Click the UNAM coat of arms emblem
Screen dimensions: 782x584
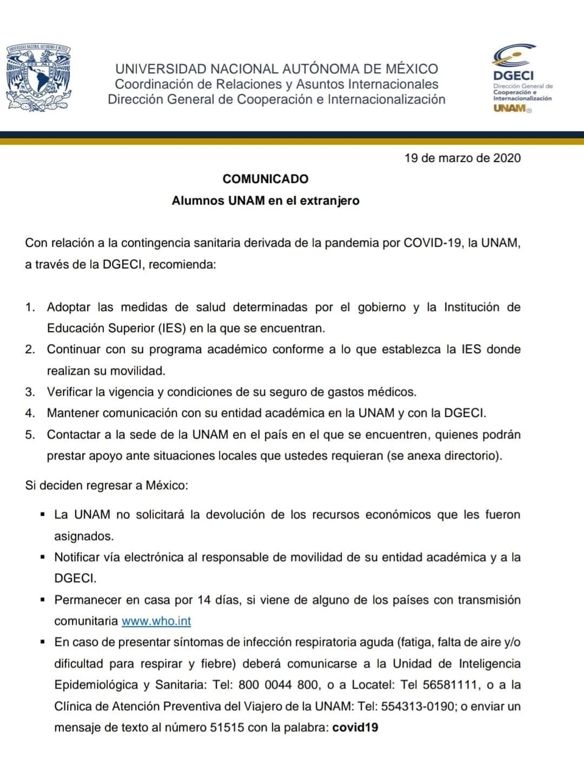38,78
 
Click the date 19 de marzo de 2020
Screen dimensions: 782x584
462,158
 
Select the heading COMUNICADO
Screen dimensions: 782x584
265,179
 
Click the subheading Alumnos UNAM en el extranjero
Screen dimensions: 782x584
265,200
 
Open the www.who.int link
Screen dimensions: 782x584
156,621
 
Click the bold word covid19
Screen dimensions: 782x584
355,728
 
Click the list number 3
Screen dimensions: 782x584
30,392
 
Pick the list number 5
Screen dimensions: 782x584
30,435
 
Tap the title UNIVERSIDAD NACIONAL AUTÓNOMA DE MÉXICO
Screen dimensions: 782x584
276,69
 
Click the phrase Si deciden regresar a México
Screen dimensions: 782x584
106,485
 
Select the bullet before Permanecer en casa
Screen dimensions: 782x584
43,599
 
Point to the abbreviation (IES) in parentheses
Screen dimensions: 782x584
173,328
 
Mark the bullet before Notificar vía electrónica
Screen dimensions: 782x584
43,557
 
